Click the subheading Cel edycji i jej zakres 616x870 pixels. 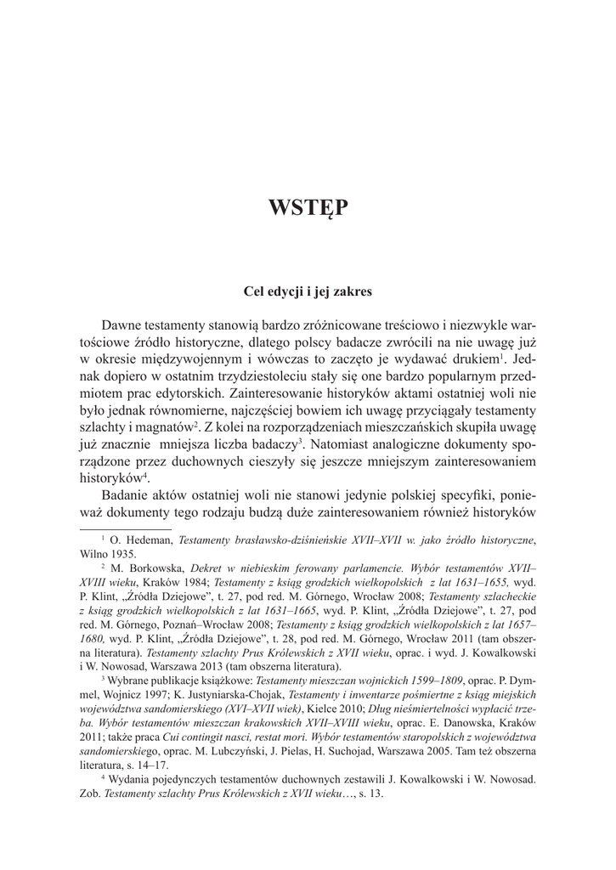308,291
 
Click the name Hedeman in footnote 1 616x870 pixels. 143,540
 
